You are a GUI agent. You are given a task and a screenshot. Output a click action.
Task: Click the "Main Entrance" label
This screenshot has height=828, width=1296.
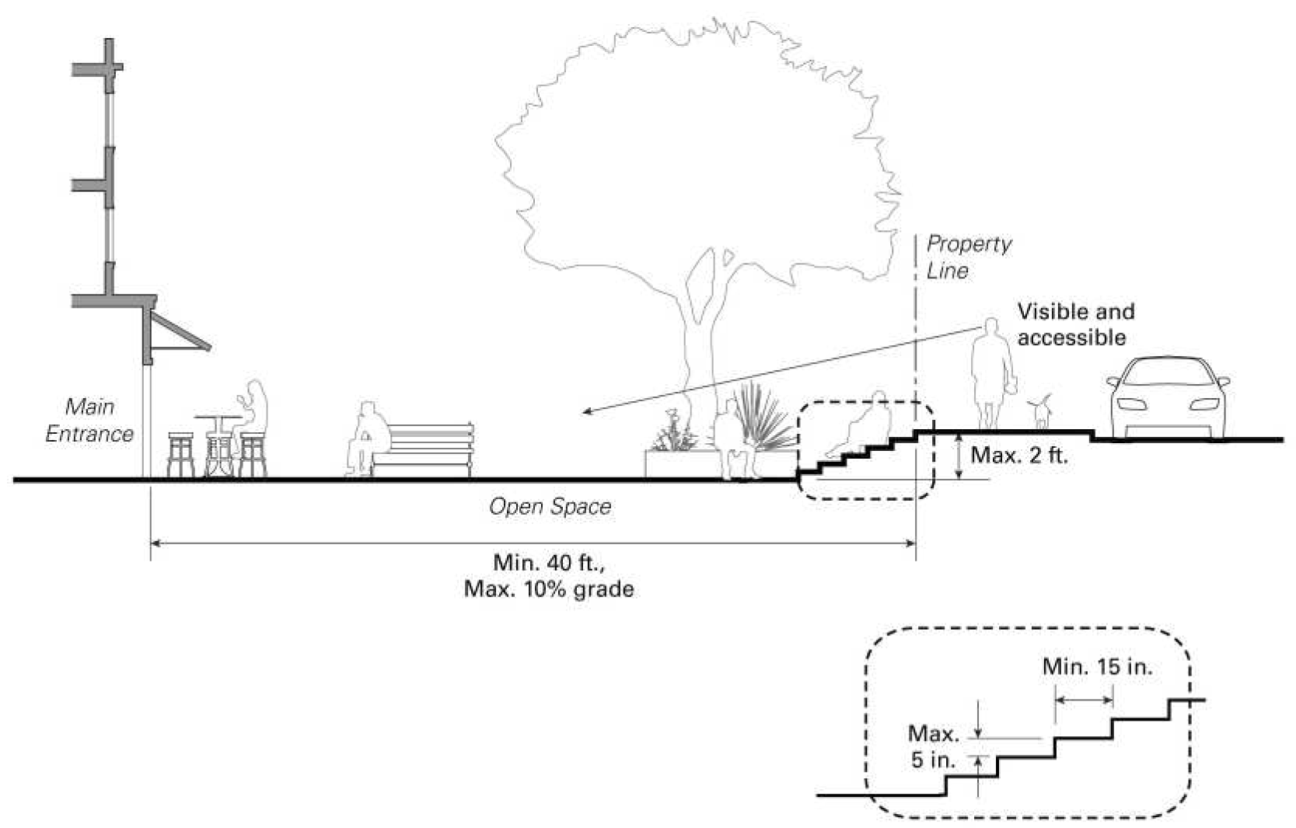(x=89, y=420)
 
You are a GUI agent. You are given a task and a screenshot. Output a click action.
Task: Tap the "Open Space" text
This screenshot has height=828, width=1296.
(x=550, y=507)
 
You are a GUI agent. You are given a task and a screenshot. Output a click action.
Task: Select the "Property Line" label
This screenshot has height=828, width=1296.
(x=968, y=257)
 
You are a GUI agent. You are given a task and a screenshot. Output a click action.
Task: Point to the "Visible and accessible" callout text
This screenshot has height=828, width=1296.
(x=1074, y=325)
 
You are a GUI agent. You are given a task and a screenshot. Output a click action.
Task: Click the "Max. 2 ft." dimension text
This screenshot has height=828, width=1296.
(x=1018, y=456)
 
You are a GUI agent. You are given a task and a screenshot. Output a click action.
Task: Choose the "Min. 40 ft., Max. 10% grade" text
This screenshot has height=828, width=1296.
(x=549, y=576)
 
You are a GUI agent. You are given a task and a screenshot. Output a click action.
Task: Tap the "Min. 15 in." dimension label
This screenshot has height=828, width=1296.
(x=1097, y=667)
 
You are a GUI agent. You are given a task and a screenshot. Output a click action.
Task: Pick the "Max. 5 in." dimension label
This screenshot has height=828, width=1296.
(x=934, y=746)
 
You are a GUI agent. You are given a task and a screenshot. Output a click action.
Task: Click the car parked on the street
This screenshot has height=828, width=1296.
(x=1167, y=399)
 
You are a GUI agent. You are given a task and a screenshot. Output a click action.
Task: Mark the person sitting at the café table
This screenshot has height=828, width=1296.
(x=253, y=412)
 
